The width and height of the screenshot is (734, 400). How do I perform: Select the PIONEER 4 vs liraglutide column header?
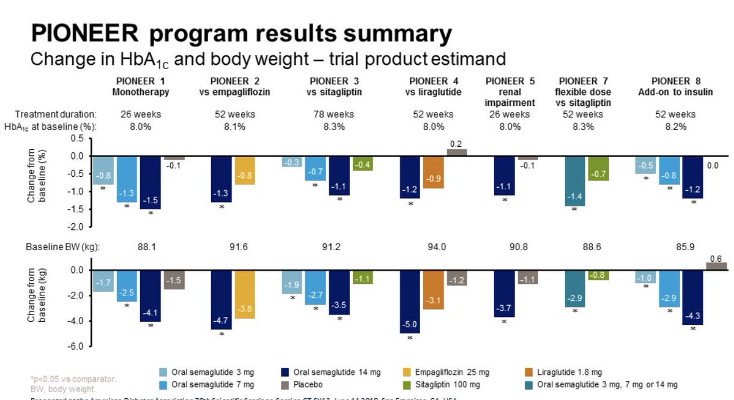[433, 86]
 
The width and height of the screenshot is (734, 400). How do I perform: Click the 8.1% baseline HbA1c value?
[235, 127]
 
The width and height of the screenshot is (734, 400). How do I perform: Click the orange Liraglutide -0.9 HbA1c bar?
[433, 172]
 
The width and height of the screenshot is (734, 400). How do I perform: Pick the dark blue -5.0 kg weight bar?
[410, 302]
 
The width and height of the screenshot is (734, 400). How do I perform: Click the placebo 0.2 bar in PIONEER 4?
[456, 152]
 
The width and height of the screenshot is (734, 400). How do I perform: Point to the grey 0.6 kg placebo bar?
[716, 266]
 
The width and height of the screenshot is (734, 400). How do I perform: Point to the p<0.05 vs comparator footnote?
[73, 379]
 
